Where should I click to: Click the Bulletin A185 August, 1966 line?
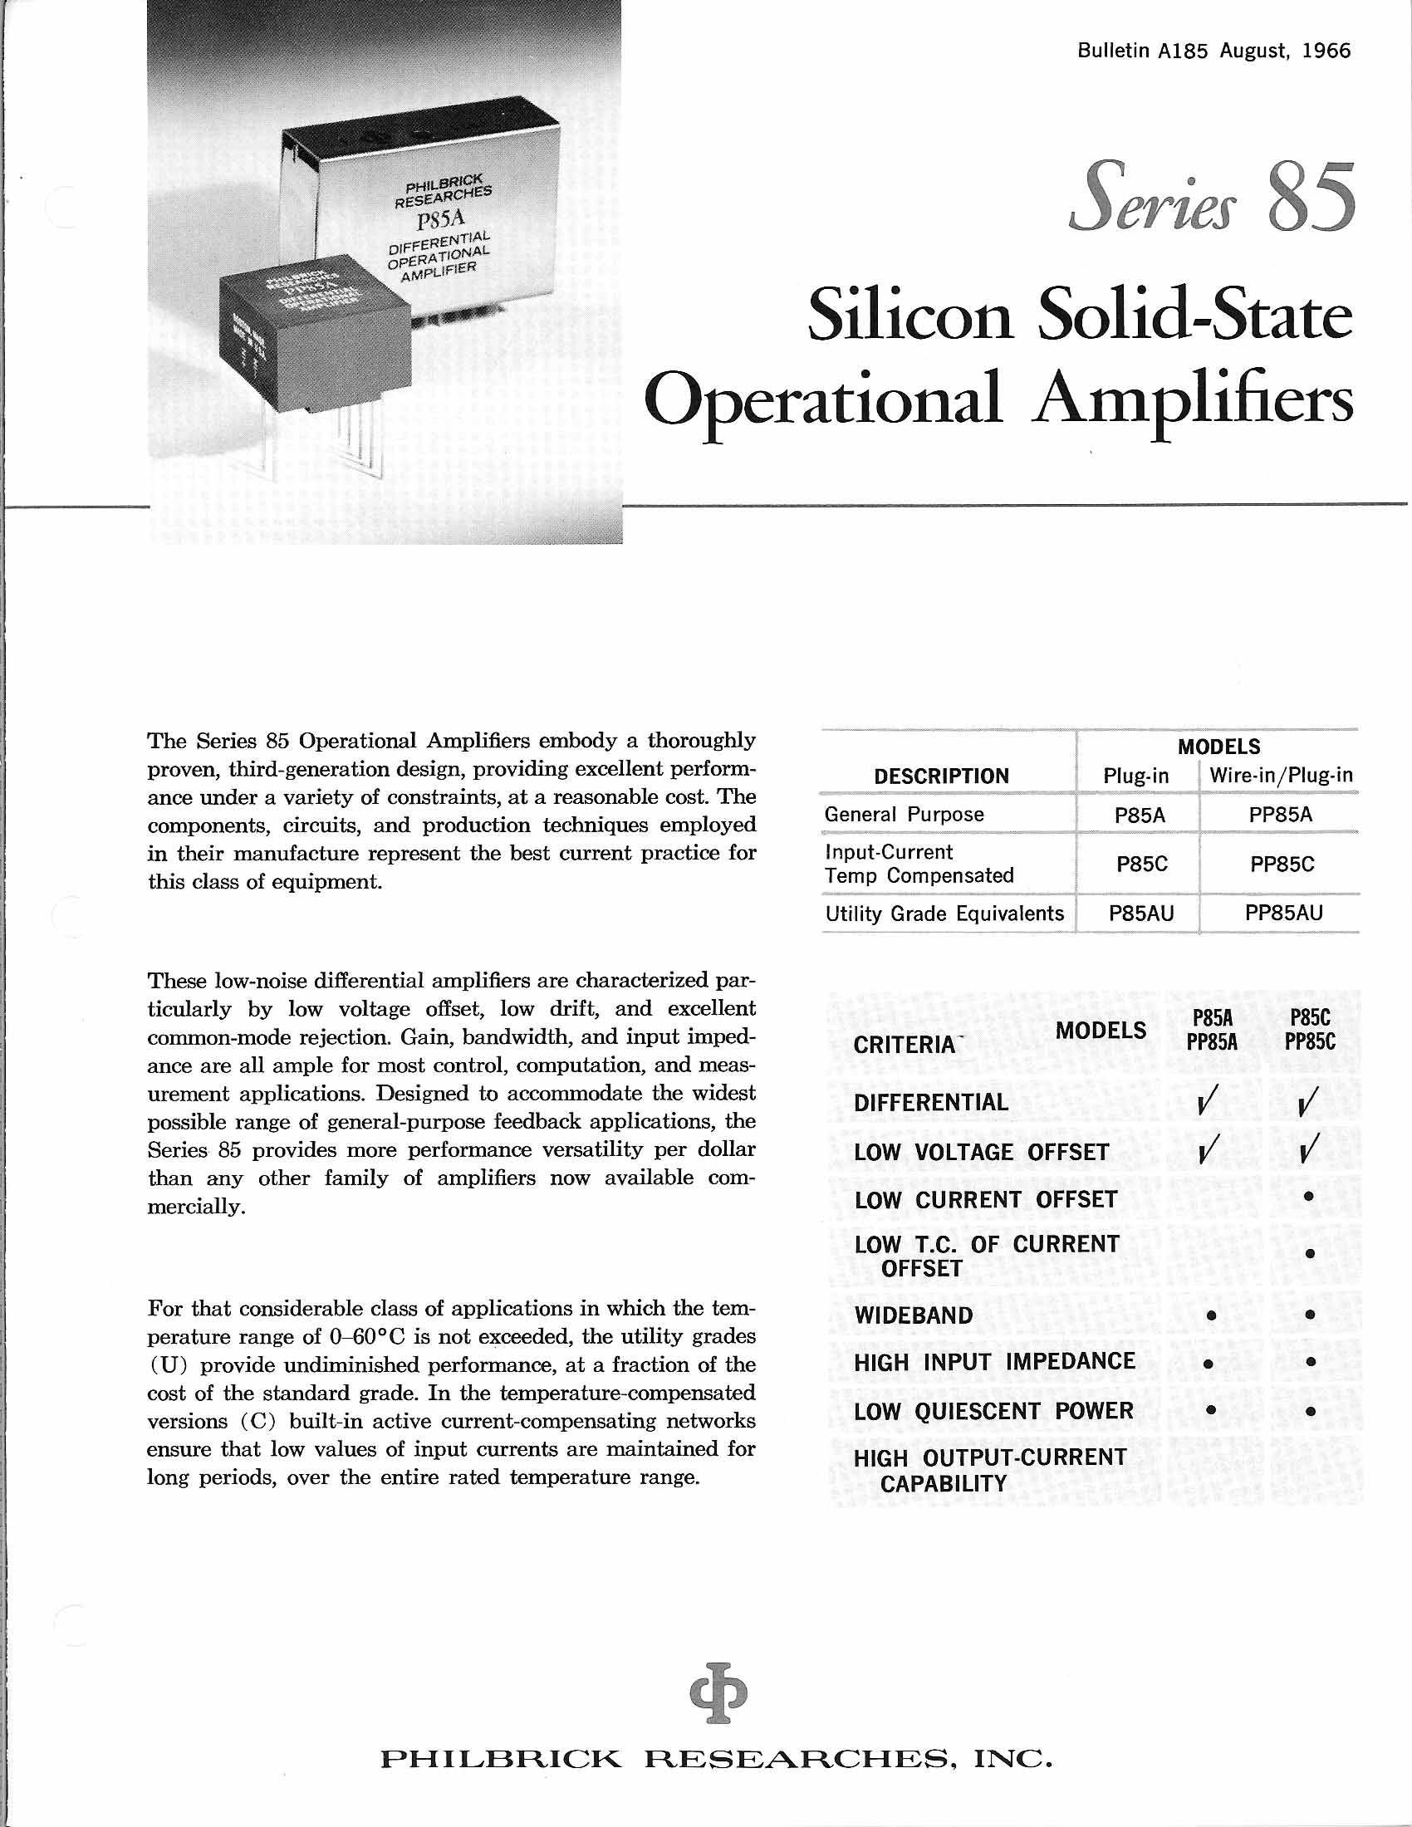[1213, 51]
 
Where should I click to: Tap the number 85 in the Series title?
[1310, 198]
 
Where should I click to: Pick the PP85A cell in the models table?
[1280, 815]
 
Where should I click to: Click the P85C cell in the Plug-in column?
[1141, 865]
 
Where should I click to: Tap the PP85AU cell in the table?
[1283, 913]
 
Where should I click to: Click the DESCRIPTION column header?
[941, 776]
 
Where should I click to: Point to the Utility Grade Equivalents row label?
[944, 913]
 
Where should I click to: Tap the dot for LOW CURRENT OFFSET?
[1309, 1198]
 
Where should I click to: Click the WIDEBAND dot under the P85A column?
[1210, 1316]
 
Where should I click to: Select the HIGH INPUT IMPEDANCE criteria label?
[993, 1363]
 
